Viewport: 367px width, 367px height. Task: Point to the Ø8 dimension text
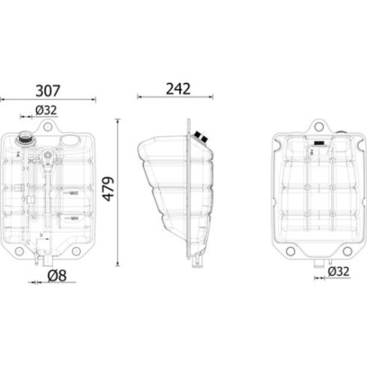[x=56, y=276]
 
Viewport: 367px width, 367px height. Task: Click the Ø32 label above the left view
[x=46, y=111]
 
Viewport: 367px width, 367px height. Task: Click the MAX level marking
[x=73, y=193]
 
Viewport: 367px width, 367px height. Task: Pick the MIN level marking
[x=73, y=218]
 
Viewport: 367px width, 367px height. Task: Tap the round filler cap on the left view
[x=27, y=139]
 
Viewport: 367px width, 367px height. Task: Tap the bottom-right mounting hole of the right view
[x=354, y=249]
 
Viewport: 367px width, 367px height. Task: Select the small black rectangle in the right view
[x=314, y=149]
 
